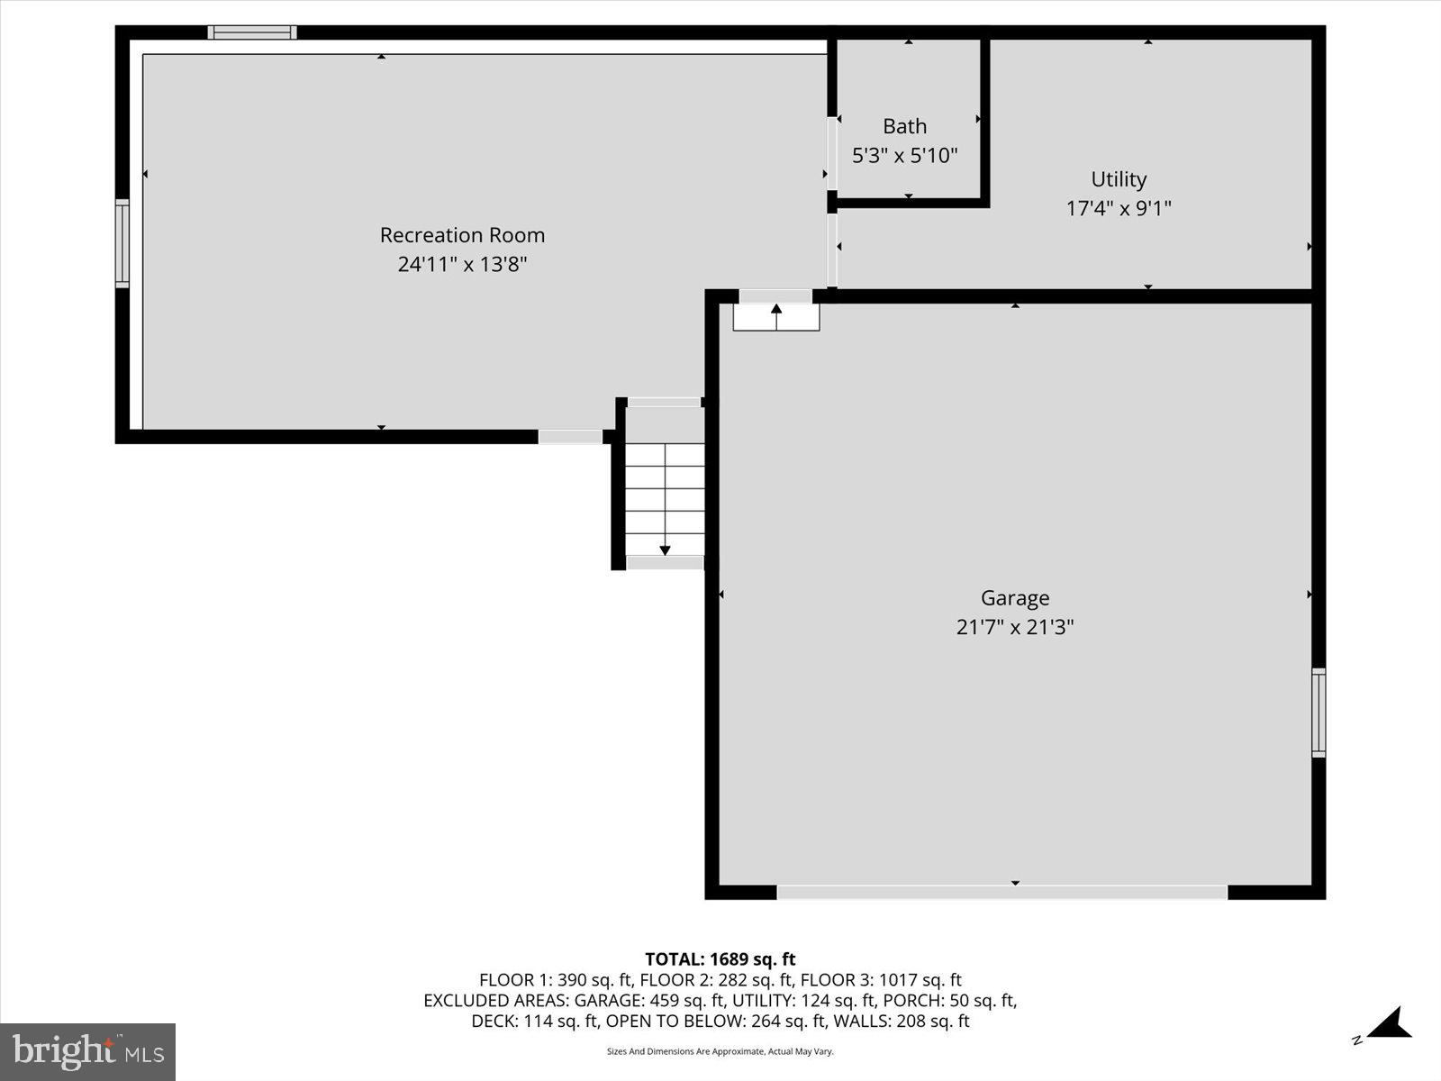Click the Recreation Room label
click(462, 235)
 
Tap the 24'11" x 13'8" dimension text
click(462, 265)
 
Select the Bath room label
click(904, 126)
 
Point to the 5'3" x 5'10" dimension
click(904, 156)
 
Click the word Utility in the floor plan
click(1119, 179)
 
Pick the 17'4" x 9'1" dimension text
click(1119, 209)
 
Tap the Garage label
click(1015, 598)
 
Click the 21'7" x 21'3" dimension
click(1015, 627)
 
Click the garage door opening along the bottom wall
click(1001, 892)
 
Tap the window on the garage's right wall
click(1319, 713)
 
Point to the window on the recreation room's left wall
click(122, 243)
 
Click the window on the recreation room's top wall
click(252, 32)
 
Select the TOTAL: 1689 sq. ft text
click(720, 959)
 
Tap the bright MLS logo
click(87, 1051)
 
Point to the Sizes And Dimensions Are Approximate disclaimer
click(720, 1051)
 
